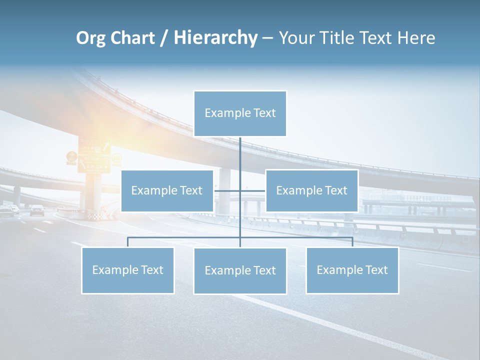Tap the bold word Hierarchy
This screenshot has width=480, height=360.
(215, 38)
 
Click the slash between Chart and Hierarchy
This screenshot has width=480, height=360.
(164, 38)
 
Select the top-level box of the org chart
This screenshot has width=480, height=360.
(240, 113)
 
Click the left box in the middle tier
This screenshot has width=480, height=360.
(167, 190)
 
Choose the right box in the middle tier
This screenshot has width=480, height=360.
(311, 190)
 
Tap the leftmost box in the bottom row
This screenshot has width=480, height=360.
(127, 270)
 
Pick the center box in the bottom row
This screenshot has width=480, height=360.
(240, 271)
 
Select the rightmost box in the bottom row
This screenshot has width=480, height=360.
(352, 270)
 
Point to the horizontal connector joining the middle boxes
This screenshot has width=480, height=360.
(252, 190)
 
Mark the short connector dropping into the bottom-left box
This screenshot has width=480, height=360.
(127, 242)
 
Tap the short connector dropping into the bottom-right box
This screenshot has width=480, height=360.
(352, 242)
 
